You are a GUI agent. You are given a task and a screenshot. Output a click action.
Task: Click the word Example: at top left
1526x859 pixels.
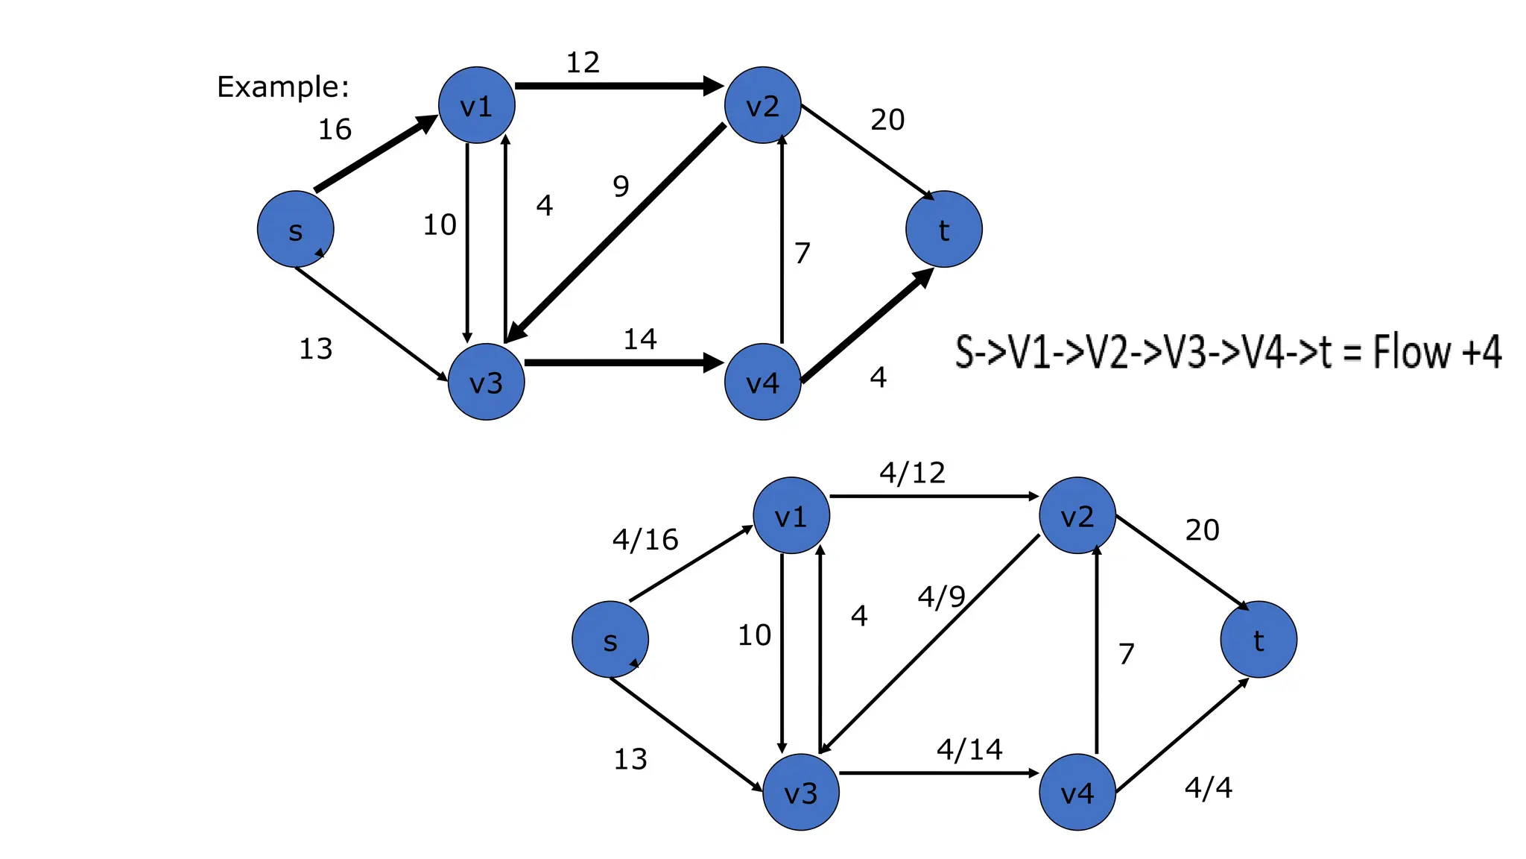(282, 87)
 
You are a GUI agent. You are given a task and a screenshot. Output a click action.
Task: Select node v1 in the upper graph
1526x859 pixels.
(477, 105)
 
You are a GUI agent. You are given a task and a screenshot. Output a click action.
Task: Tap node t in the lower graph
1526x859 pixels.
(1259, 640)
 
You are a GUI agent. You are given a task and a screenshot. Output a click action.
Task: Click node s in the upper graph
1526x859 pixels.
(296, 230)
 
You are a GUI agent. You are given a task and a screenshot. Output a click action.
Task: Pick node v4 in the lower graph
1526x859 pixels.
(1077, 793)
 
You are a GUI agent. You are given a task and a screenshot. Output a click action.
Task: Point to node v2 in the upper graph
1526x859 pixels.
(762, 105)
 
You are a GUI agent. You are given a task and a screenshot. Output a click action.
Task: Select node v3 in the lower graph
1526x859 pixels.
(801, 793)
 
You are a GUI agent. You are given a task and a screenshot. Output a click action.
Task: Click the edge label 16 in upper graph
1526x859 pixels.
(335, 130)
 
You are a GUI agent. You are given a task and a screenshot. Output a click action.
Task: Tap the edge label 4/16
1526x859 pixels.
(645, 540)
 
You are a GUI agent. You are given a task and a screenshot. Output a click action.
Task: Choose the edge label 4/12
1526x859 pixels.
(912, 473)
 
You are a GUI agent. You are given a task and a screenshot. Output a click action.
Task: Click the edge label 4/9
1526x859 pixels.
(941, 597)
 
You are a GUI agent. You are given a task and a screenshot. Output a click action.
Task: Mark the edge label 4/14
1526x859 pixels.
(969, 749)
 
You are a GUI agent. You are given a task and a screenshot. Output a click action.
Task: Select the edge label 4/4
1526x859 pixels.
(1208, 787)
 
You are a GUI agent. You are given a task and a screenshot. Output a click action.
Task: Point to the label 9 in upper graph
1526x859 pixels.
(621, 186)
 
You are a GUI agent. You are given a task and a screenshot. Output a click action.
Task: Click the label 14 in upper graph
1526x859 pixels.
(639, 340)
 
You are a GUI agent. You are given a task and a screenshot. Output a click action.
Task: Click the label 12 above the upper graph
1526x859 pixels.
(583, 63)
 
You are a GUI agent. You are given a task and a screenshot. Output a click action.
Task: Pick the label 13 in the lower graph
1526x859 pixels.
(630, 760)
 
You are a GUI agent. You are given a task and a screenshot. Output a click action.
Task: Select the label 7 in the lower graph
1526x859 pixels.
(1126, 655)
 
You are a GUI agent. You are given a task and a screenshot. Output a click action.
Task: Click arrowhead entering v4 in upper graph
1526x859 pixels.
(714, 364)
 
